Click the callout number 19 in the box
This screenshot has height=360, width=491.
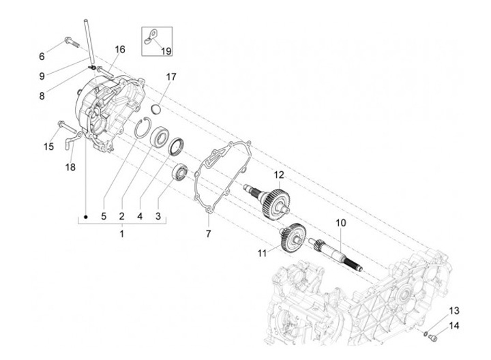pos(166,51)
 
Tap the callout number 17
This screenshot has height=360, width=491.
pos(170,77)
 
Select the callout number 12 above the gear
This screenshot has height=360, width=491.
pos(278,175)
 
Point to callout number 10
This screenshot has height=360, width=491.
pos(340,223)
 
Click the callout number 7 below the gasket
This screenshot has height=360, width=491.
pos(209,234)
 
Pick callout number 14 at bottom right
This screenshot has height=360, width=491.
pos(454,325)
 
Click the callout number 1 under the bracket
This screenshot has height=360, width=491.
pos(121,234)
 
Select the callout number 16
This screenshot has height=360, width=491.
pos(120,49)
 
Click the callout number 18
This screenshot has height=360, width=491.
pos(70,168)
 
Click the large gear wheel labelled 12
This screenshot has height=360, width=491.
pos(279,198)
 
